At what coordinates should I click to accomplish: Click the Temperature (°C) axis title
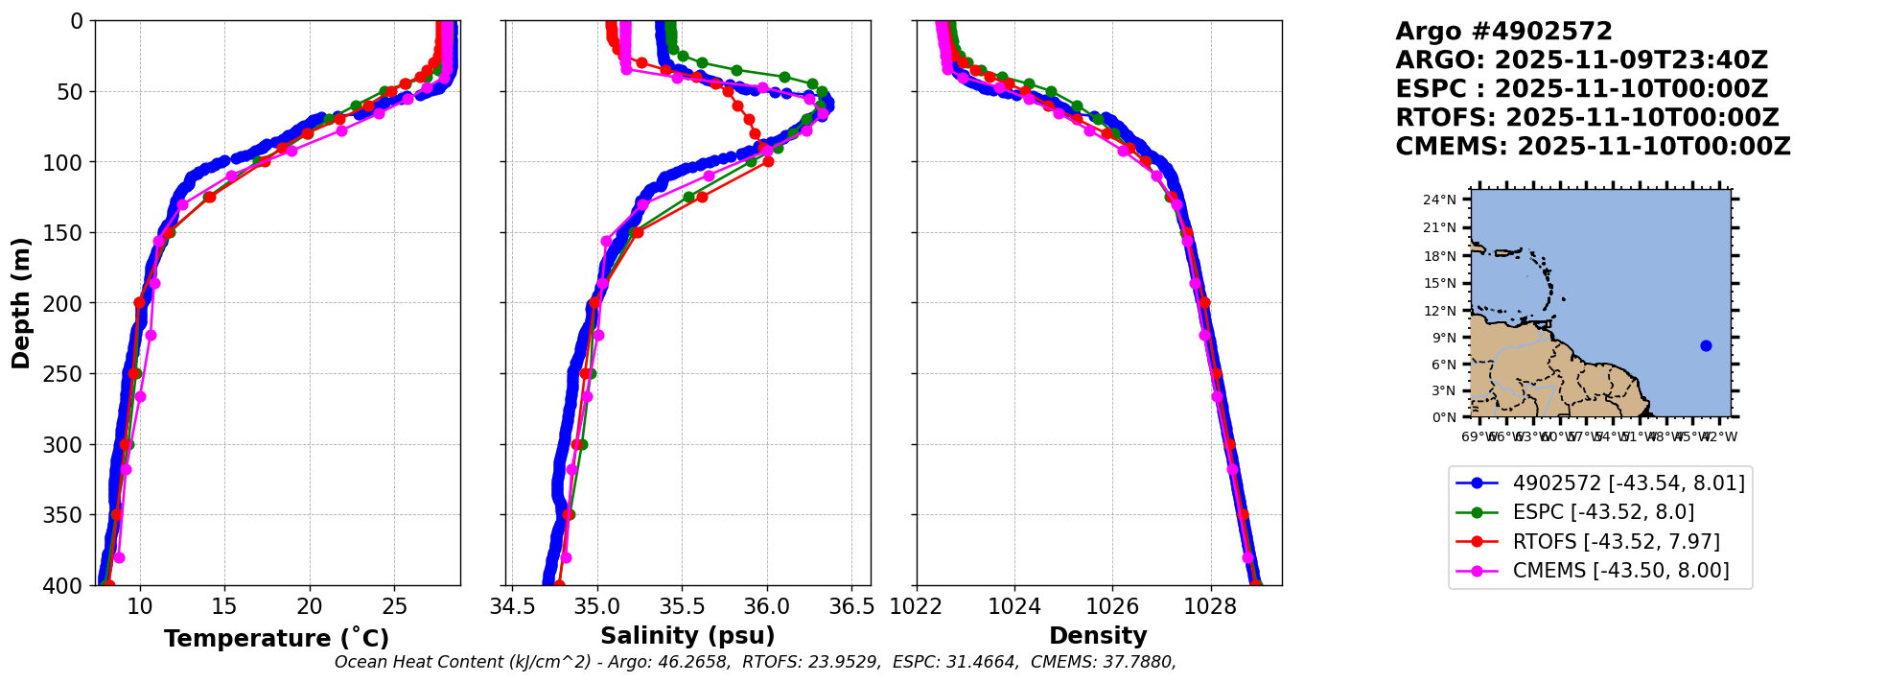pyautogui.click(x=276, y=638)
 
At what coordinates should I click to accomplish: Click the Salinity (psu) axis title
pyautogui.click(x=687, y=635)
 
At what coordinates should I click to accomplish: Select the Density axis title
pyautogui.click(x=1098, y=635)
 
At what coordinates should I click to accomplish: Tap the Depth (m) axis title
pyautogui.click(x=20, y=303)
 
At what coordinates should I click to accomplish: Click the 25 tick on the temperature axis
pyautogui.click(x=394, y=606)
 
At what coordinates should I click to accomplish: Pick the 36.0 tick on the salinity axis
pyautogui.click(x=767, y=606)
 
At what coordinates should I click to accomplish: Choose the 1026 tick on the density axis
pyautogui.click(x=1112, y=606)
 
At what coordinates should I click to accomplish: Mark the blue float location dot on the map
pyautogui.click(x=1706, y=345)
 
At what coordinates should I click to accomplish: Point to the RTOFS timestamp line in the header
pyautogui.click(x=1587, y=118)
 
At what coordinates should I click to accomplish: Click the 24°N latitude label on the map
pyautogui.click(x=1439, y=200)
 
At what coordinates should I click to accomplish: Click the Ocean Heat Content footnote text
pyautogui.click(x=755, y=662)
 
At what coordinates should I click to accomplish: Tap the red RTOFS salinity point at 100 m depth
pyautogui.click(x=768, y=161)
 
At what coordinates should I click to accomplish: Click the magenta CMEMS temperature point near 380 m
pyautogui.click(x=119, y=557)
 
